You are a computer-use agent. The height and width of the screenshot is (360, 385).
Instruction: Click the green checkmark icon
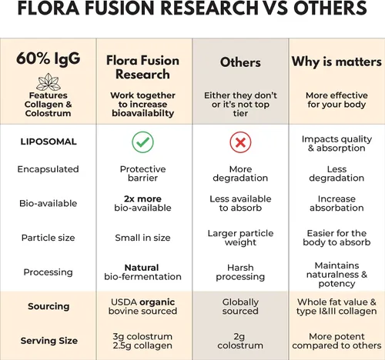[142, 142]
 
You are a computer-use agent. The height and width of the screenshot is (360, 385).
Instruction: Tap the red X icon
[240, 142]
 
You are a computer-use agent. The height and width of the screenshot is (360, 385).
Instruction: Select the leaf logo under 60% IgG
[49, 82]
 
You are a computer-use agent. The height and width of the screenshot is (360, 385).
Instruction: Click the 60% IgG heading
[49, 58]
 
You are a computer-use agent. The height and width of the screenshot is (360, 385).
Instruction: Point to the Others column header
[240, 62]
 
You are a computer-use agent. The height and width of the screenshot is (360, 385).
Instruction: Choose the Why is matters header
[336, 62]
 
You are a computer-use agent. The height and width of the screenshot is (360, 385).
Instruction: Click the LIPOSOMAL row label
[49, 142]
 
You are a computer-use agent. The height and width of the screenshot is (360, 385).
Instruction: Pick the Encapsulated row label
[49, 169]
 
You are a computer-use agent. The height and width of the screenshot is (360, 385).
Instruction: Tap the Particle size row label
[49, 238]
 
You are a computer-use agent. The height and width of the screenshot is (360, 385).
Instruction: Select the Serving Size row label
[49, 341]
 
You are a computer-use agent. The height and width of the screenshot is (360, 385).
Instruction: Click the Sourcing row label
[49, 306]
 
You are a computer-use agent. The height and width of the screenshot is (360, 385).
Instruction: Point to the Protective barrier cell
[142, 174]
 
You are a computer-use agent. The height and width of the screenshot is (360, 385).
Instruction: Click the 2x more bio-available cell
[142, 203]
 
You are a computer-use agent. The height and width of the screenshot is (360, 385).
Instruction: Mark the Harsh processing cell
[240, 272]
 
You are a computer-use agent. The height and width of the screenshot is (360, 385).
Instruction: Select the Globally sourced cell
[240, 306]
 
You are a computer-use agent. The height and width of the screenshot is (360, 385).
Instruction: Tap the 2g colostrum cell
[240, 341]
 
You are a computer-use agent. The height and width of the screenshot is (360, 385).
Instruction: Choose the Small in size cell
[142, 238]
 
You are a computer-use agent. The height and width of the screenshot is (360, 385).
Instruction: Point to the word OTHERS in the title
[330, 8]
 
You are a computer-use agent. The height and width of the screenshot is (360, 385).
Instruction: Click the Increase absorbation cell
[336, 203]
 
